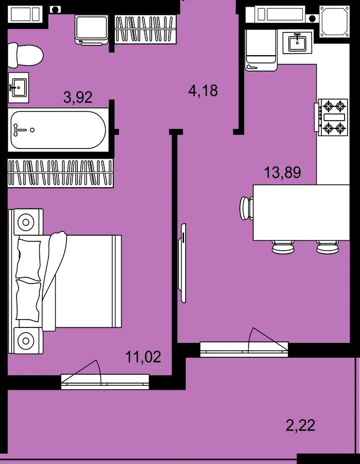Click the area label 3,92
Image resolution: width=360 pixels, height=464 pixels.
pyautogui.click(x=78, y=97)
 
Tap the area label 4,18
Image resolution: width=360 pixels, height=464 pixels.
pyautogui.click(x=203, y=91)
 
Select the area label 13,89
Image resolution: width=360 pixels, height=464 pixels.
pyautogui.click(x=283, y=172)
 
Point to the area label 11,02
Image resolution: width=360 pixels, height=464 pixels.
pyautogui.click(x=143, y=357)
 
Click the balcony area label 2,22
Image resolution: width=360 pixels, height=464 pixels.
pyautogui.click(x=300, y=425)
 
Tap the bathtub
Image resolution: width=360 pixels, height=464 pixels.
pyautogui.click(x=58, y=130)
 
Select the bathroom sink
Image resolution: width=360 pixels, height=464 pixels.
pyautogui.click(x=19, y=88)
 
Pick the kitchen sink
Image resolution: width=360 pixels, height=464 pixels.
pyautogui.click(x=297, y=43)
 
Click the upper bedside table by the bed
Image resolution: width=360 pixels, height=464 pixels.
pyautogui.click(x=26, y=222)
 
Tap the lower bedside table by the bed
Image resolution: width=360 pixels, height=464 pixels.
pyautogui.click(x=26, y=341)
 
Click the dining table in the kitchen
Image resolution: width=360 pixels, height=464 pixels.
pyautogui.click(x=301, y=212)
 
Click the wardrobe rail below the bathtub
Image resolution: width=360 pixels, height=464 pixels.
pyautogui.click(x=60, y=173)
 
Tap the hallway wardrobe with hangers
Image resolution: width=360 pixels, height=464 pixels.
pyautogui.click(x=145, y=29)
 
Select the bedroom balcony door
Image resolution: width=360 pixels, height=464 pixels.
pyautogui.click(x=105, y=382)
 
